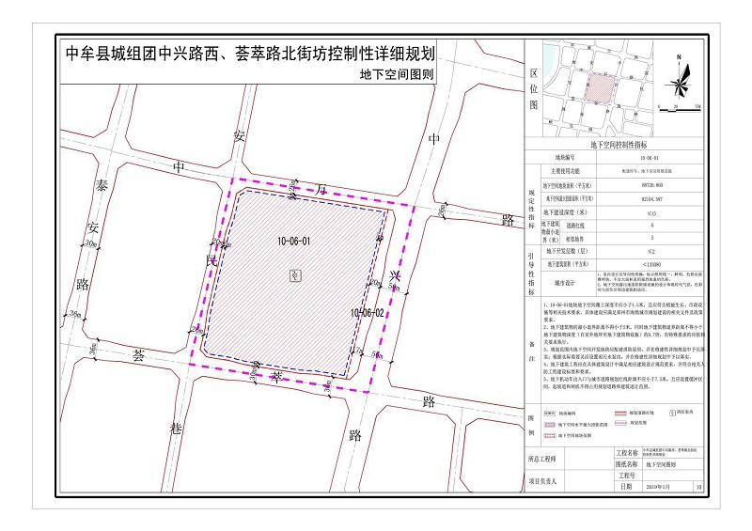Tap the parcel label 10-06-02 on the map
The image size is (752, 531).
pos(368,311)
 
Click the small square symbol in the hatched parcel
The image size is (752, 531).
pos(296,274)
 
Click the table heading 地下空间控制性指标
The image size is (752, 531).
pos(618,146)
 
